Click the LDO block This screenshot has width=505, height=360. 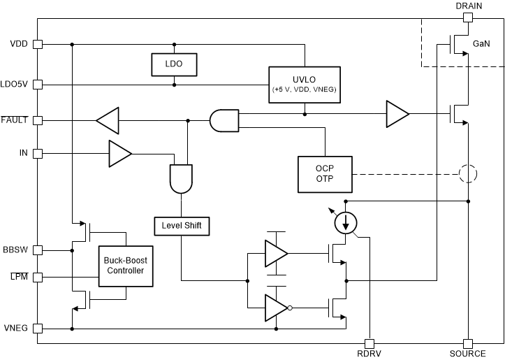(x=174, y=64)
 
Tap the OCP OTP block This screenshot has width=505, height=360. (x=325, y=174)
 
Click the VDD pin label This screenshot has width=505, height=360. (x=19, y=43)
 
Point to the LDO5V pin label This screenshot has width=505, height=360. (x=15, y=85)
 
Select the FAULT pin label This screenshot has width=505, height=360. (x=15, y=120)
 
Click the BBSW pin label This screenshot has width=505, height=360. (x=15, y=250)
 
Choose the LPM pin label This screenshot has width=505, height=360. (x=19, y=278)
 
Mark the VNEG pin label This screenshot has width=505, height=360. (x=16, y=328)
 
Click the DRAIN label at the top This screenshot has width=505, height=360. (x=469, y=6)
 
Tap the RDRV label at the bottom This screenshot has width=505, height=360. (x=370, y=354)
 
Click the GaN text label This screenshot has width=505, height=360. (x=481, y=44)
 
